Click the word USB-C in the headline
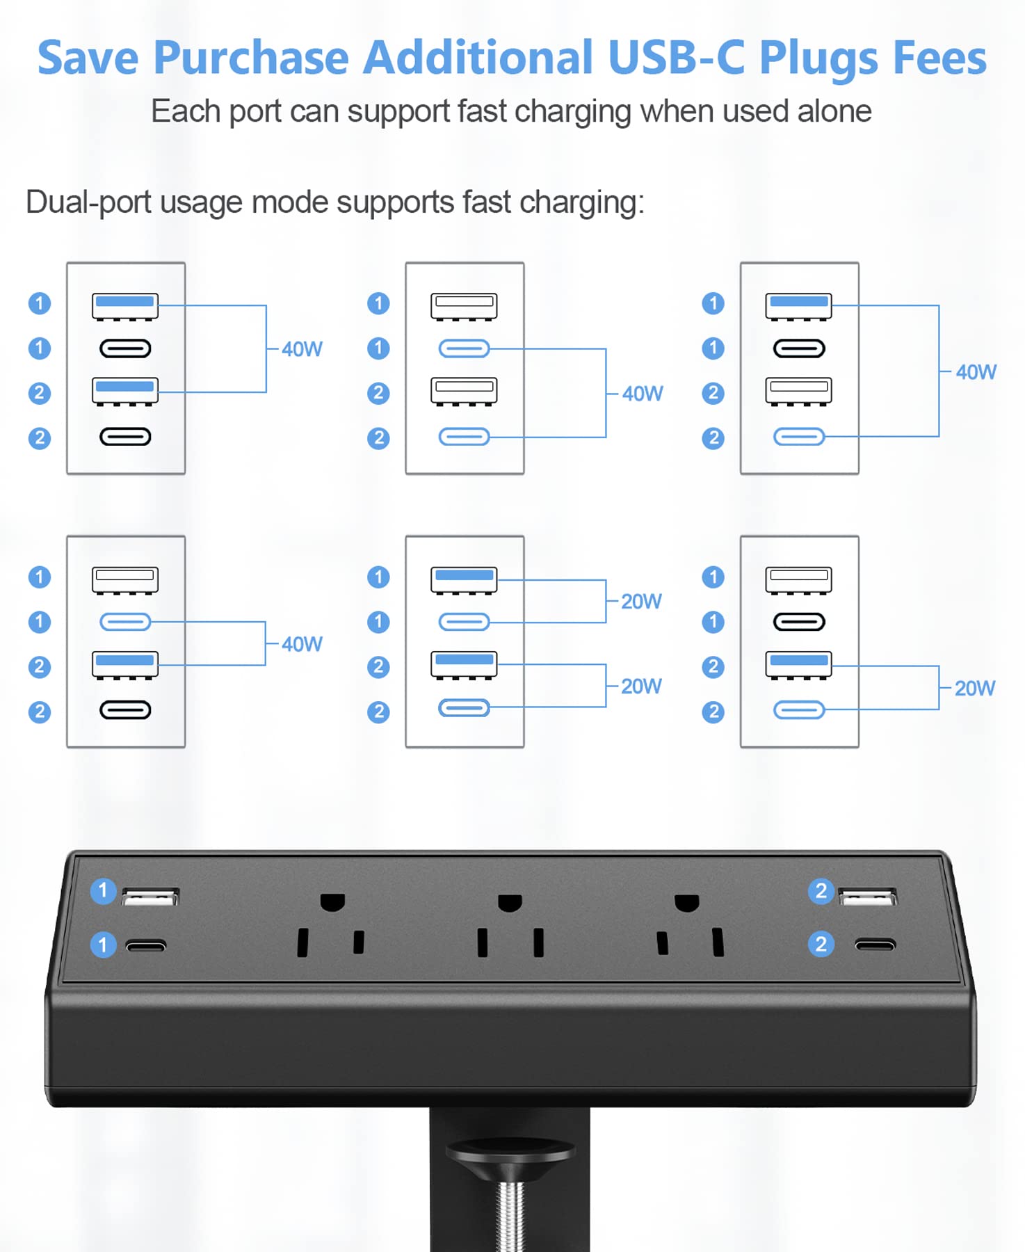pos(677,57)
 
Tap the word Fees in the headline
pos(939,57)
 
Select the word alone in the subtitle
pos(834,111)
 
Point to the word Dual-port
pos(88,203)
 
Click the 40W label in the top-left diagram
pos(302,349)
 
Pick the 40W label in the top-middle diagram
pos(643,394)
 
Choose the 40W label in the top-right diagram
pos(976,372)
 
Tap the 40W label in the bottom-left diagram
pos(302,644)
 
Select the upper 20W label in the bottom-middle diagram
pos(641,602)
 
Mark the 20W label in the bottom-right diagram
pos(975,689)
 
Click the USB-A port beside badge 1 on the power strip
pos(150,896)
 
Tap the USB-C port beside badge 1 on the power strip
pos(146,945)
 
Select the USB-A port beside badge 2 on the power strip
pos(868,897)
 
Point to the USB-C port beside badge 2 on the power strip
pos(875,945)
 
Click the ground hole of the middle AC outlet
pos(510,903)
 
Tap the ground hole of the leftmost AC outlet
pos(332,902)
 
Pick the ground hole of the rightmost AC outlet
pos(687,903)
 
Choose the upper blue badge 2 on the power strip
pos(821,891)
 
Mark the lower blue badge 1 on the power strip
pos(103,945)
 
